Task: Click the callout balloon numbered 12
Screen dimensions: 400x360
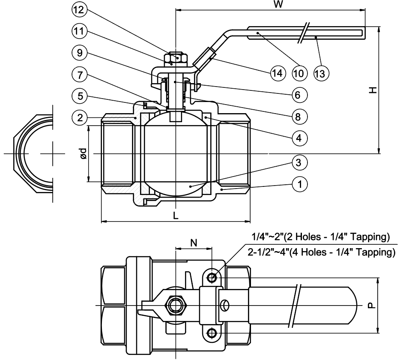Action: coord(79,10)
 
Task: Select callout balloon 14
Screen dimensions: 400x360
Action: coord(278,73)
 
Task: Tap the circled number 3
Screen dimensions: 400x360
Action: coord(299,162)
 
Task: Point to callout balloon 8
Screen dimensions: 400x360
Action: coord(299,117)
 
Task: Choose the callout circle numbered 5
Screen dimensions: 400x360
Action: coord(80,96)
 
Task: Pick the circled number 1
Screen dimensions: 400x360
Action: coord(300,184)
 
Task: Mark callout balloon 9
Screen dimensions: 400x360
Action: coord(80,53)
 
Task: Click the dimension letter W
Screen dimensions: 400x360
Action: coord(278,4)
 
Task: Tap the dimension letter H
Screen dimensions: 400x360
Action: coord(373,90)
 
